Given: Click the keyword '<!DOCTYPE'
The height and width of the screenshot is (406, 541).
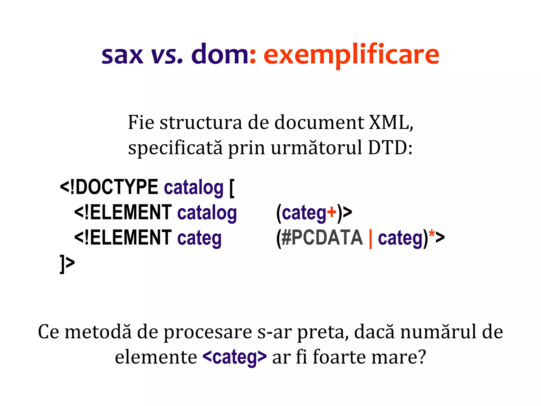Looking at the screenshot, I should tap(109, 187).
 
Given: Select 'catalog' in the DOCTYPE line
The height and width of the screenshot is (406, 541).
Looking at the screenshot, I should tap(194, 188).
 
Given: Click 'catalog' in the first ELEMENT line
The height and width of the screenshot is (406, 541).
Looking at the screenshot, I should tap(207, 213).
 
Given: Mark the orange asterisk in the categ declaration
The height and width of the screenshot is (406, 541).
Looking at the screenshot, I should tap(432, 234).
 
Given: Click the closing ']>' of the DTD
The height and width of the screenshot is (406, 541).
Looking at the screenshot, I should tap(67, 264).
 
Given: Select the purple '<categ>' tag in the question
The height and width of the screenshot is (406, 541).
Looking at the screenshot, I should tap(235, 357).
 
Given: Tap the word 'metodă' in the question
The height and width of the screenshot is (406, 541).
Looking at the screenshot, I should tap(98, 332).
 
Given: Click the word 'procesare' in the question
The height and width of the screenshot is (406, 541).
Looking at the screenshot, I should tap(208, 332).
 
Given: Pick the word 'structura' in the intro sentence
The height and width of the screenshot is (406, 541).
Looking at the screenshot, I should tap(201, 123).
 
